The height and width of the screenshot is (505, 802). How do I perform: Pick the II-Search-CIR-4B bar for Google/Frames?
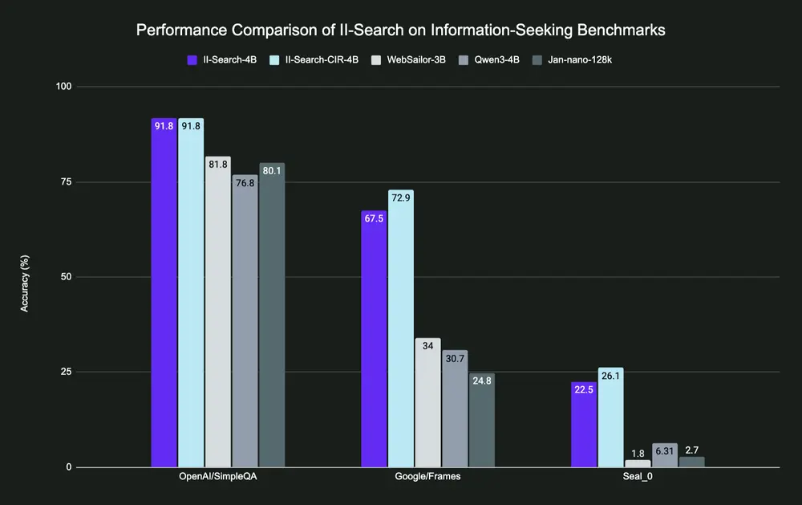(x=400, y=328)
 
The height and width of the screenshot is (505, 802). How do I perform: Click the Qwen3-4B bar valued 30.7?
(x=454, y=409)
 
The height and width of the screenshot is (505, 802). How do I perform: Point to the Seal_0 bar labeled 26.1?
(x=610, y=417)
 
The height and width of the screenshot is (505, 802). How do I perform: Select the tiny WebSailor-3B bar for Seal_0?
(x=638, y=463)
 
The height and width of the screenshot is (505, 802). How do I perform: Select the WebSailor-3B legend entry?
(x=408, y=59)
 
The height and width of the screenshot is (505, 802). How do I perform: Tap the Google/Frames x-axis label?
(x=427, y=476)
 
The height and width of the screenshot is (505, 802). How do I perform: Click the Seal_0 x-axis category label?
(x=638, y=476)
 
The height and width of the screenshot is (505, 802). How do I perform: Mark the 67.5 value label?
(x=374, y=218)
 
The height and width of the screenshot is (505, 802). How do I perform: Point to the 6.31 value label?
(x=665, y=450)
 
